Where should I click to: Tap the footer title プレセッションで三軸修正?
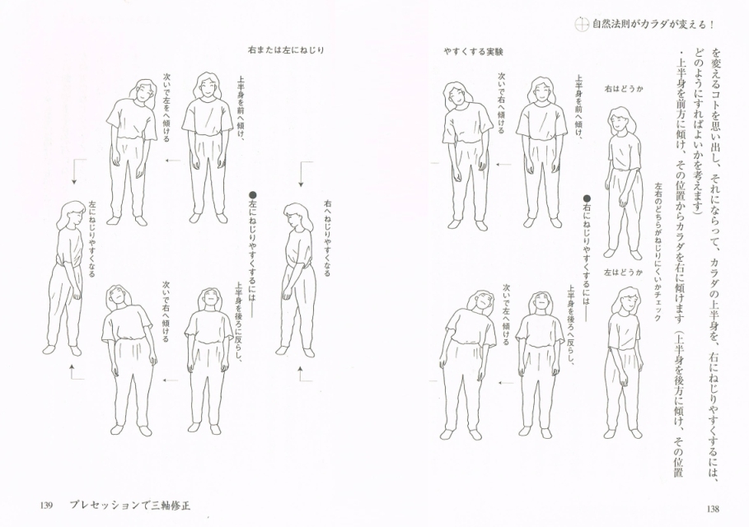coord(134,505)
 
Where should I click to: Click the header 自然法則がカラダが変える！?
coord(660,23)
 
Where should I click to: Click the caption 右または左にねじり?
coord(285,50)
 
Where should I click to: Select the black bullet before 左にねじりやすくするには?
coord(253,195)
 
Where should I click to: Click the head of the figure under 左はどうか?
coord(627,301)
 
